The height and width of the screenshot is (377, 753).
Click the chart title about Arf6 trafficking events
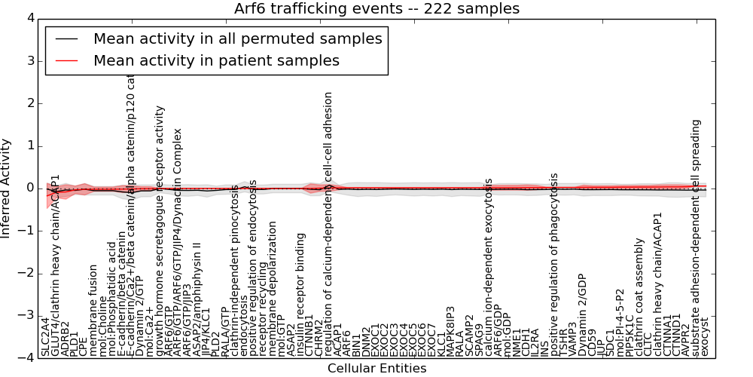[376, 8]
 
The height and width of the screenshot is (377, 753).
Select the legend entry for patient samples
[216, 60]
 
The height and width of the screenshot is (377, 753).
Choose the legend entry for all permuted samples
[237, 38]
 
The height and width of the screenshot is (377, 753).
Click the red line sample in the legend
[66, 60]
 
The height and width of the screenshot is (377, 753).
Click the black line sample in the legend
[66, 38]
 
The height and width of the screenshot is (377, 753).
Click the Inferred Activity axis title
[7, 188]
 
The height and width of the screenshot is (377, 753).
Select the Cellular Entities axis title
[376, 369]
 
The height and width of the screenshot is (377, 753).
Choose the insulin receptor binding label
[300, 294]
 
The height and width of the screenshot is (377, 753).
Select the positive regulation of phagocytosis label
[554, 264]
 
